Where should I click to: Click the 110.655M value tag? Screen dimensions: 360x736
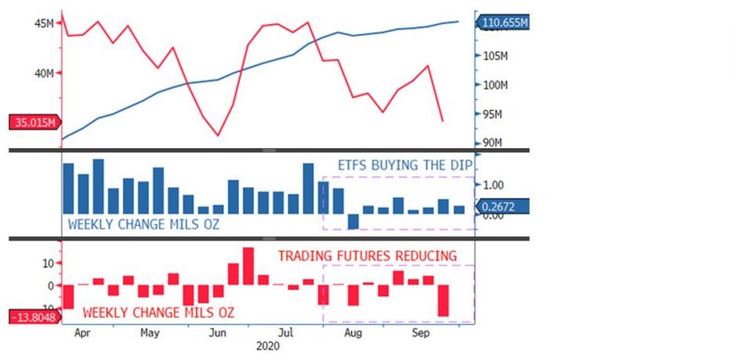click(505, 23)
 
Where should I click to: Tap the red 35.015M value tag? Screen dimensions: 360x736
click(34, 122)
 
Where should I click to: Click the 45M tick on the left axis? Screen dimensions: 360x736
click(44, 24)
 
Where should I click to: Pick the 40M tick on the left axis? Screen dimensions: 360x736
click(44, 73)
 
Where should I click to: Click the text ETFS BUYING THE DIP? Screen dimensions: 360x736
click(404, 166)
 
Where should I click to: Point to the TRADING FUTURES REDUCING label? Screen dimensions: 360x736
click(367, 256)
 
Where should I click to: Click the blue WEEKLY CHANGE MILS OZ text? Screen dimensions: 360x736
click(143, 224)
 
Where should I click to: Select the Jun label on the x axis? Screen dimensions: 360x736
click(218, 333)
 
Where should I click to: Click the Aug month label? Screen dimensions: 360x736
click(353, 333)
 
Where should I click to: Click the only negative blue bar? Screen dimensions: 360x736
click(353, 221)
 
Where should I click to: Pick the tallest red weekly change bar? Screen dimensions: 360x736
click(248, 266)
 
